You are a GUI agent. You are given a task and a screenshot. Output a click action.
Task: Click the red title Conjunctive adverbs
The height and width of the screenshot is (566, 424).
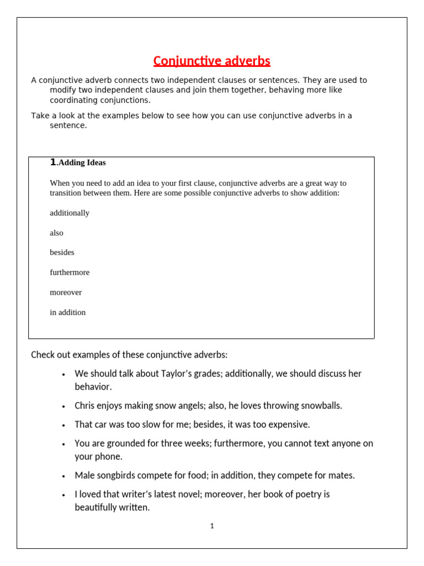tap(211, 61)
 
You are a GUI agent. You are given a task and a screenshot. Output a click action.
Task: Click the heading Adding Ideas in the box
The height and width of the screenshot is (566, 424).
tap(82, 163)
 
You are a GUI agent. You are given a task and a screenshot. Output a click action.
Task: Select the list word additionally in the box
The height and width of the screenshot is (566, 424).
tap(70, 213)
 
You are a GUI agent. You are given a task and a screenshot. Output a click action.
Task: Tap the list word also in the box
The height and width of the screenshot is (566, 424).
tap(56, 233)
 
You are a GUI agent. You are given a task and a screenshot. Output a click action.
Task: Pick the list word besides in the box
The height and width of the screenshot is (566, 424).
tap(62, 253)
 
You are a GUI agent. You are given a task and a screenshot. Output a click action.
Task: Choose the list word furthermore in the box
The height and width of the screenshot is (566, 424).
tap(70, 272)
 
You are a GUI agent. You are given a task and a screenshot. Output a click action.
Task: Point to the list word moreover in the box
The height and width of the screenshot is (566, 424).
tap(66, 292)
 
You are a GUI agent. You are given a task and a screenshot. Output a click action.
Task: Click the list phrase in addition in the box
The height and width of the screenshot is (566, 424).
tap(67, 312)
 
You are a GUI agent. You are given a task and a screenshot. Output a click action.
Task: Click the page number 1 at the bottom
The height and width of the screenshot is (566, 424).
tap(212, 526)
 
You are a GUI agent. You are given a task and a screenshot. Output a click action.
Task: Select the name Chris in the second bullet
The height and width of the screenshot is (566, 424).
tap(85, 406)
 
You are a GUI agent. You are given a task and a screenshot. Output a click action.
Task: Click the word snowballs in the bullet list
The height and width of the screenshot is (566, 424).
tap(320, 406)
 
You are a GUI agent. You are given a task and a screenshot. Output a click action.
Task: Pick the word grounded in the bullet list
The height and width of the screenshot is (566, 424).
tap(126, 443)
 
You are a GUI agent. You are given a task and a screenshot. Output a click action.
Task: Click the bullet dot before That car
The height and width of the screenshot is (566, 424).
tap(64, 425)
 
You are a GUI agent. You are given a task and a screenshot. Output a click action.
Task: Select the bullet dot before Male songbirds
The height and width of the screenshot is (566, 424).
tap(64, 476)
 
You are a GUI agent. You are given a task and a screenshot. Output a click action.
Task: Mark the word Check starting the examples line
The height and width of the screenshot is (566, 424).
tap(43, 354)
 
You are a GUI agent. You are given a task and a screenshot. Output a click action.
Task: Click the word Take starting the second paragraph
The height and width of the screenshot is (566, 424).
tap(40, 116)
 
